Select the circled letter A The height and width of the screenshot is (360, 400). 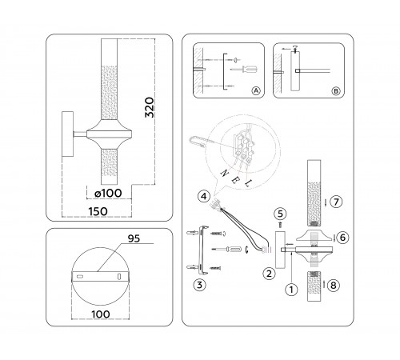point(256,91)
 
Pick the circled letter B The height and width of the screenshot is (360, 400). point(335,91)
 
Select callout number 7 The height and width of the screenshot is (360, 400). point(338,202)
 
